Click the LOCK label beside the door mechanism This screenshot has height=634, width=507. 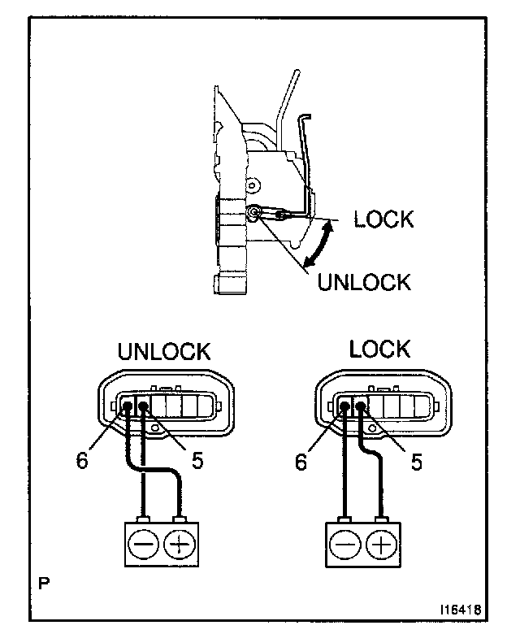[383, 219]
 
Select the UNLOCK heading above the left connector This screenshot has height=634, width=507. [164, 352]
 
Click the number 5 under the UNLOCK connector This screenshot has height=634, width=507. [197, 459]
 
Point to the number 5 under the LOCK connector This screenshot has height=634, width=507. [416, 461]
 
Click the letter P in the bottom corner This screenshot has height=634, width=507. [41, 582]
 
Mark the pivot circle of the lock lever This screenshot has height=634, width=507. [255, 213]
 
